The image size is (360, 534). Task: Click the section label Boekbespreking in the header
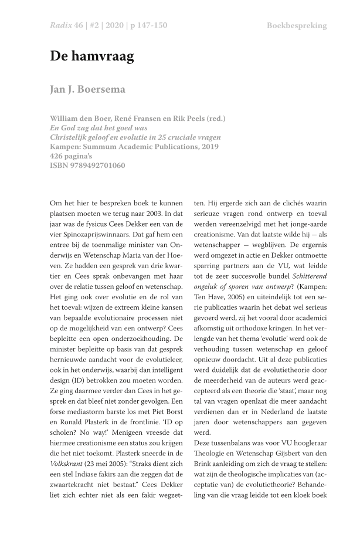pos(297,25)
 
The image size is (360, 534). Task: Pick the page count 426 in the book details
pos(57,156)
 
